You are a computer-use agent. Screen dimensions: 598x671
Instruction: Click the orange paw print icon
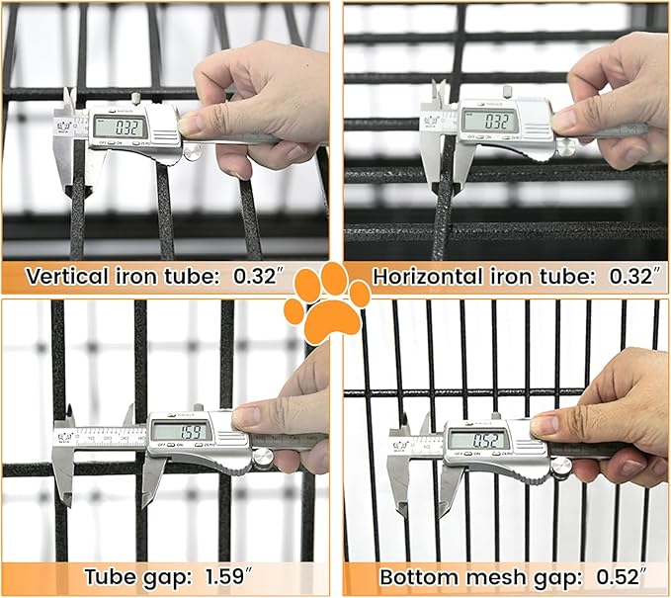[x=326, y=300]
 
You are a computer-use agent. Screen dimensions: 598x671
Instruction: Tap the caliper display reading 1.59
[x=179, y=431]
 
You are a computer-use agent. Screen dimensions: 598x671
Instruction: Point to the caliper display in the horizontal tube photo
[x=487, y=121]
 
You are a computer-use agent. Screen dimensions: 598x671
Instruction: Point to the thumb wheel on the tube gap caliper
[x=262, y=456]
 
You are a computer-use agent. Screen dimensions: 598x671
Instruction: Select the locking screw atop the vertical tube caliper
[x=134, y=98]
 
